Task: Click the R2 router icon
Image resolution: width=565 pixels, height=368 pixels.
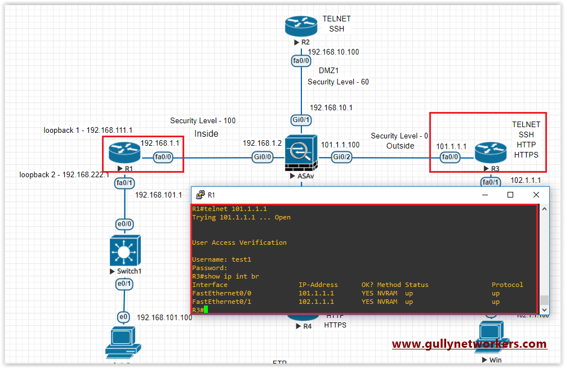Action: tap(301, 26)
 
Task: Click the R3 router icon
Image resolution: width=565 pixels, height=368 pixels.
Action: tap(487, 152)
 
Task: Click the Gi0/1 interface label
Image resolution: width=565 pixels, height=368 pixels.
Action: tap(301, 120)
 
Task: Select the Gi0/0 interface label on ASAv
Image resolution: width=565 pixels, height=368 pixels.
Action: tap(263, 158)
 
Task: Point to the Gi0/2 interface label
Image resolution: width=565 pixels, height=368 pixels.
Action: tap(342, 158)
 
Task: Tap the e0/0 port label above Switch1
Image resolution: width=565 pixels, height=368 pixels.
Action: tap(124, 224)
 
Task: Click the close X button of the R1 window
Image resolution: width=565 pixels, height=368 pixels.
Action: tap(536, 195)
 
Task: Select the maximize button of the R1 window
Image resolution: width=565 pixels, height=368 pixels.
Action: tap(510, 195)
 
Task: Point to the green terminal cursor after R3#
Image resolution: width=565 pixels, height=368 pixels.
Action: tap(206, 310)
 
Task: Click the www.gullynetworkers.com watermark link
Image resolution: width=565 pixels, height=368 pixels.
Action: tap(469, 344)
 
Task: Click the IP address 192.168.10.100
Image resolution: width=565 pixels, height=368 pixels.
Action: tap(333, 52)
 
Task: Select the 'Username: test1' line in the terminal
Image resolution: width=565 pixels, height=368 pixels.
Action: tap(221, 259)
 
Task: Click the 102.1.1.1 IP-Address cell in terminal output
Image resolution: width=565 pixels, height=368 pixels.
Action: tap(316, 302)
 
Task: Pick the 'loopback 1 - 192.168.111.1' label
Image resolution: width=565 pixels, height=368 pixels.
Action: tap(88, 130)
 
